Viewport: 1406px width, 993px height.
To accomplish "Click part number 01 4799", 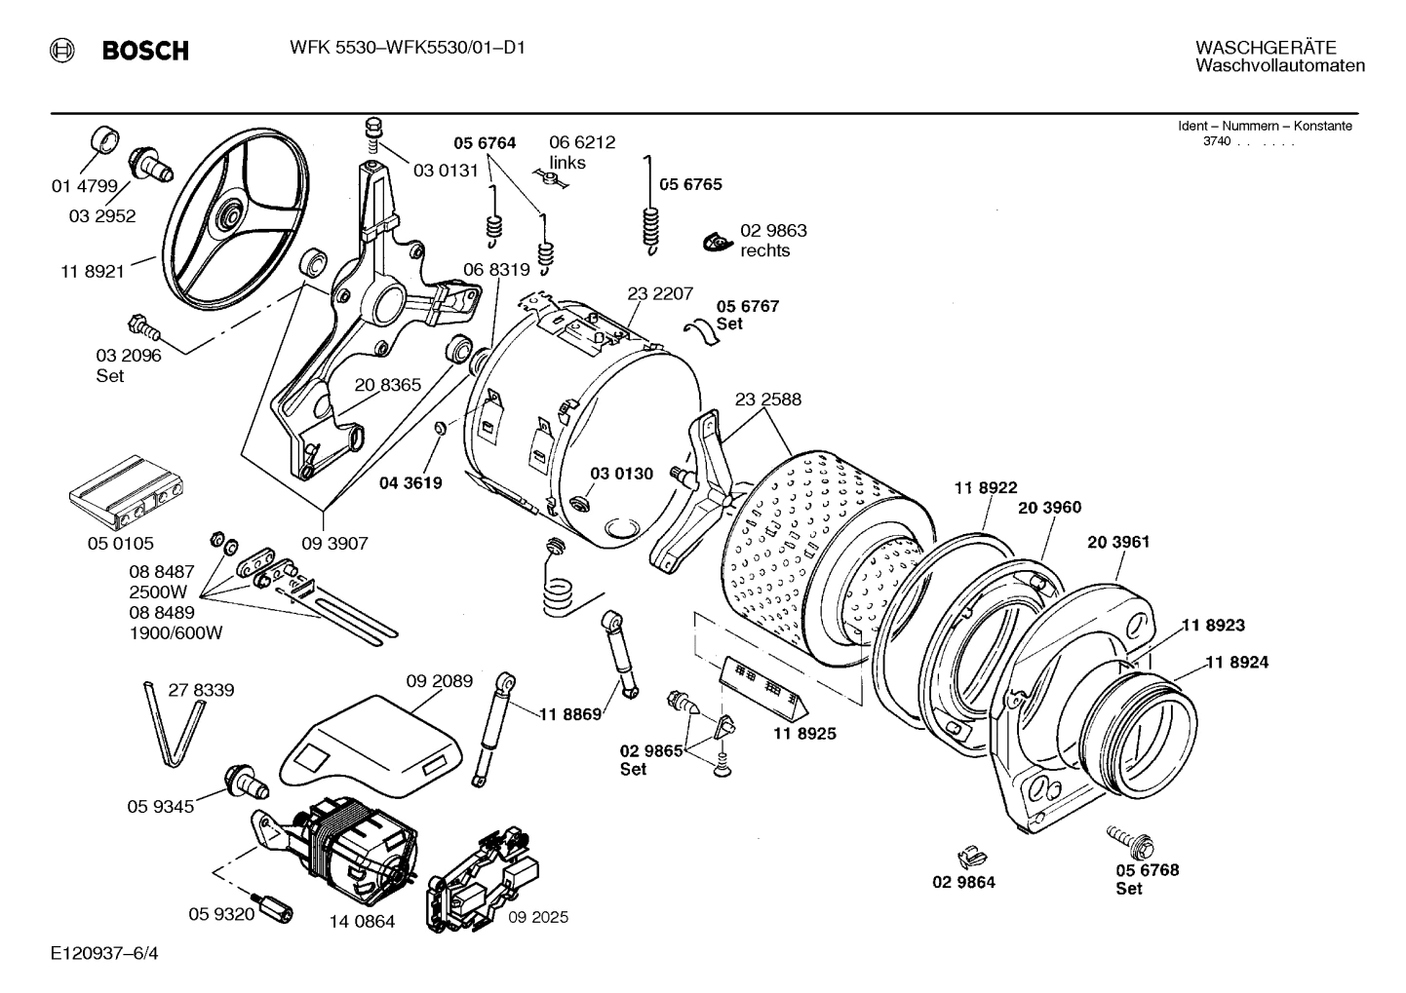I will coord(84,186).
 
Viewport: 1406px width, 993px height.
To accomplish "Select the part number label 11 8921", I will coord(93,271).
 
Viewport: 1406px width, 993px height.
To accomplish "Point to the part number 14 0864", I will coord(362,921).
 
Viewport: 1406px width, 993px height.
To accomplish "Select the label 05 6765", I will coord(690,184).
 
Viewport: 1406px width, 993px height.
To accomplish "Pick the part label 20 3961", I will coord(1117,542).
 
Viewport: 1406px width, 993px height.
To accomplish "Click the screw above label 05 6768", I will coord(1128,836).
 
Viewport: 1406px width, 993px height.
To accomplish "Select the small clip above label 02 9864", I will coord(968,856).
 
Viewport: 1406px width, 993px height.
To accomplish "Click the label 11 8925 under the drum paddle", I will coord(805,733).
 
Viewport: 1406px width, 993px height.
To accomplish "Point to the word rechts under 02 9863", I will coord(764,250).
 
